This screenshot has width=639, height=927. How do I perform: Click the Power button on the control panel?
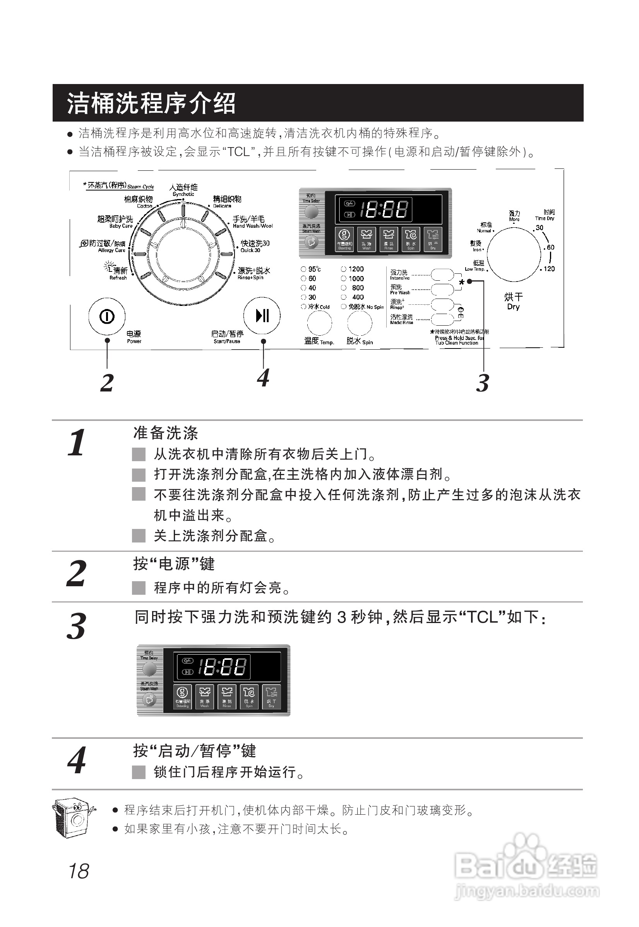coord(106,316)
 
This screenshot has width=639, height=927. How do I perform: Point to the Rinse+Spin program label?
coord(254,273)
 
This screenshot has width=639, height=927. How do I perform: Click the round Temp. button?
coord(319,323)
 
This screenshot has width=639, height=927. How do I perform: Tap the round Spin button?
coord(360,323)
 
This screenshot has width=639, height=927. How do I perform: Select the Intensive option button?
coord(442,275)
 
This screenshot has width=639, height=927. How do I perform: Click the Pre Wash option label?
coord(399,289)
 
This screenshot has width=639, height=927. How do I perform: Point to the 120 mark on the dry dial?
coord(549,269)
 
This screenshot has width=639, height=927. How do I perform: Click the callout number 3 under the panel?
coord(483,383)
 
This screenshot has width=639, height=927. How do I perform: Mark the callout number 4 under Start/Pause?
coord(263,378)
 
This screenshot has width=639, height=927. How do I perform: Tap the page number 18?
coord(79,872)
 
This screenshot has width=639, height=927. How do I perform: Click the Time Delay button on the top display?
coord(312,211)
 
